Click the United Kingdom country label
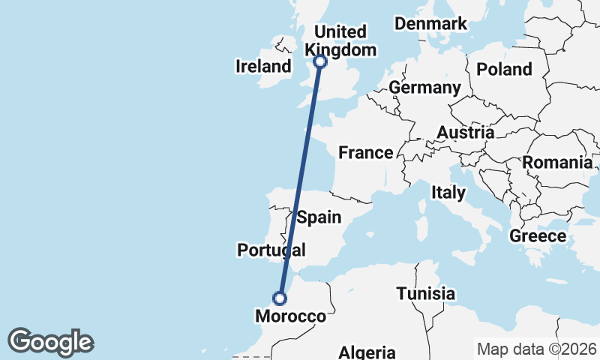340,40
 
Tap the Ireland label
262,66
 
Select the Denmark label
431,24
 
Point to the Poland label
504,70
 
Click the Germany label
424,88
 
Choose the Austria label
465,133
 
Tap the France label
365,153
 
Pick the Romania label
556,162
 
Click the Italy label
448,193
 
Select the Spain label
319,218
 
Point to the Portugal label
271,250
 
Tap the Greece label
538,236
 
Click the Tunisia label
425,293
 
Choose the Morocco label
291,316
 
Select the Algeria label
367,352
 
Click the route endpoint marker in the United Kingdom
320,61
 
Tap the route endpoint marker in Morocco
280,298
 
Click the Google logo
50,342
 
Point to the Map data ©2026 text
536,349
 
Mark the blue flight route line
300,180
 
